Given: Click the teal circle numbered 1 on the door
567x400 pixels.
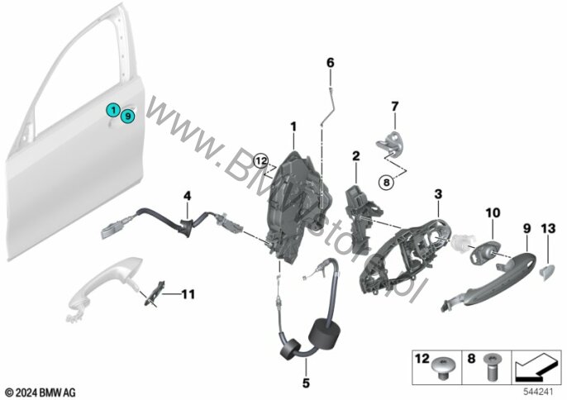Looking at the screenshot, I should tap(112, 109).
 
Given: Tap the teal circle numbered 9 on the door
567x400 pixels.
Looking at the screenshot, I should tap(126, 117).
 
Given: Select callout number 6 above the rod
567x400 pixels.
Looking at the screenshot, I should tap(330, 63).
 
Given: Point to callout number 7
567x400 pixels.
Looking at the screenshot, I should tap(394, 106).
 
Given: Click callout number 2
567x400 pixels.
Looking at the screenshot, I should tap(356, 155).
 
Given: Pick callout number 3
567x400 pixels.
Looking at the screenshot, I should tap(439, 193).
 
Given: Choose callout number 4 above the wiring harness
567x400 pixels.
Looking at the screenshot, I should tap(188, 196).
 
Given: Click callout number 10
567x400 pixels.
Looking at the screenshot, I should tap(493, 213).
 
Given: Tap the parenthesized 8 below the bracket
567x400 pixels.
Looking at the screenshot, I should tap(387, 181).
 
